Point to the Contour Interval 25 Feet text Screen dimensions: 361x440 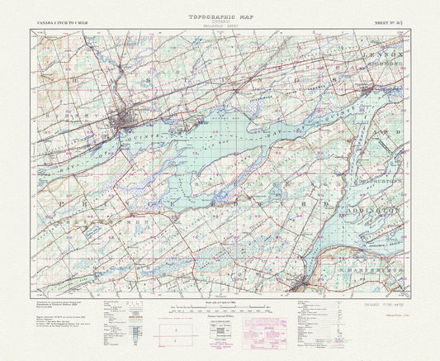tap(219, 316)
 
